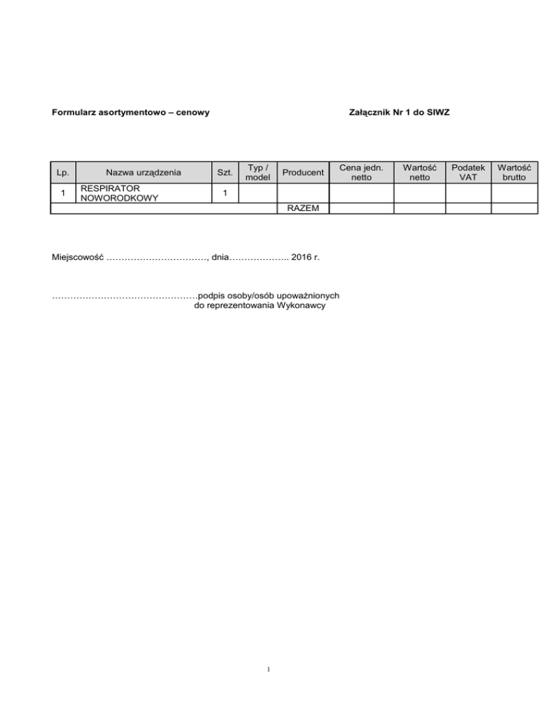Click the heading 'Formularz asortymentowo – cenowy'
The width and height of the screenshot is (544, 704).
(x=130, y=113)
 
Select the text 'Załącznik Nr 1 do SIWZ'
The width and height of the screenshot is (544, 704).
(x=399, y=113)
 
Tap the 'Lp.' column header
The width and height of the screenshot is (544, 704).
(x=63, y=172)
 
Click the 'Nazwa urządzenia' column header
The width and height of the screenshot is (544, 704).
(x=143, y=172)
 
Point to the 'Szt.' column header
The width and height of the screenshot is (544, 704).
(x=225, y=172)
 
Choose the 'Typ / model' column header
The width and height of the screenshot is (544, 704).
(x=256, y=172)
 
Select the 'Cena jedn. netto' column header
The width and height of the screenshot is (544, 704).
(x=361, y=172)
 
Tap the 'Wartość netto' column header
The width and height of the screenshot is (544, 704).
(x=419, y=172)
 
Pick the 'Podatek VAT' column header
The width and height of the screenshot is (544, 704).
(x=467, y=172)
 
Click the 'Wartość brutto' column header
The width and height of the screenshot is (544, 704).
(x=515, y=172)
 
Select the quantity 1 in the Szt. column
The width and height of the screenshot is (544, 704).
(x=225, y=193)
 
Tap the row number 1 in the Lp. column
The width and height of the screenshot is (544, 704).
(x=63, y=193)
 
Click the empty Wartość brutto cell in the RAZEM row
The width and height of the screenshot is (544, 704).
(x=515, y=208)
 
